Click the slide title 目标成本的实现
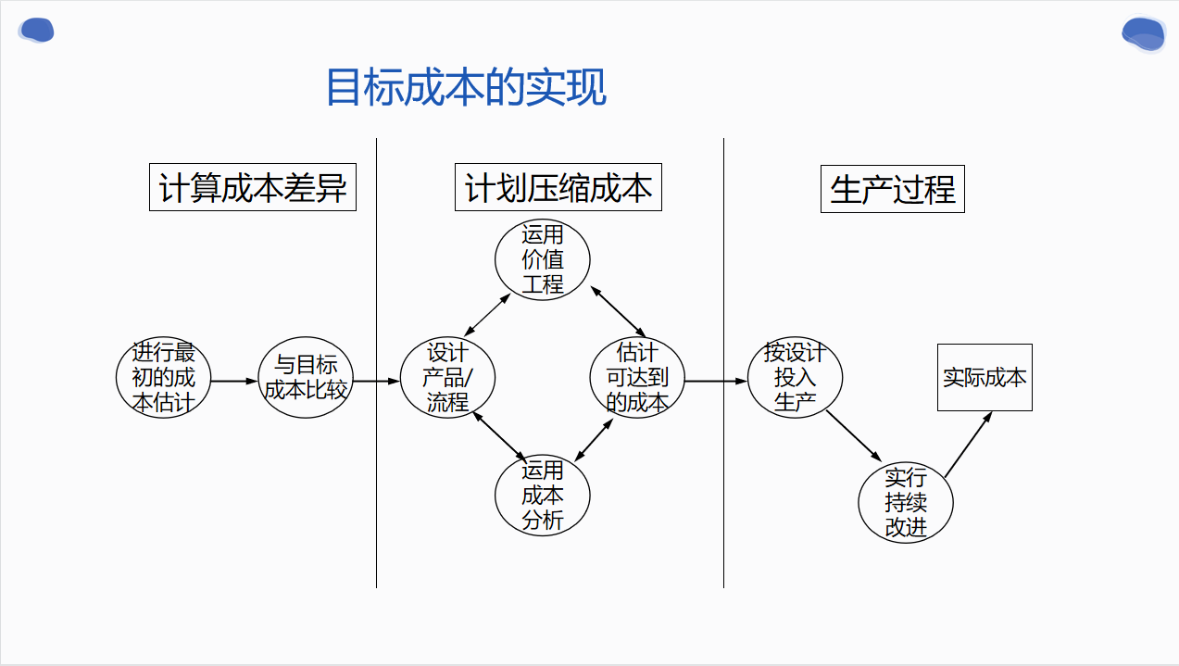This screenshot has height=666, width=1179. pos(466,88)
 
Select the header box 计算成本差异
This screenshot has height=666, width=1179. pos(253,188)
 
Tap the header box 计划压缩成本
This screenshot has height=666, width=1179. pos(558,188)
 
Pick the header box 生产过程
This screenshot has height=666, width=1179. pos(892,190)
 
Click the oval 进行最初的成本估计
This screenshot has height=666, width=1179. pos(164,378)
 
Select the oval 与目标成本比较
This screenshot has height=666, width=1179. pos(306,378)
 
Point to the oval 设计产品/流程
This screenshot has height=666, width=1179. pos(447,378)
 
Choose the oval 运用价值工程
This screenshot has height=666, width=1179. pos(543,259)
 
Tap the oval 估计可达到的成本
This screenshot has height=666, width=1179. pos(637,378)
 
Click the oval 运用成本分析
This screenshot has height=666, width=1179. pos(543,496)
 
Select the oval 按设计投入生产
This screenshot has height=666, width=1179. pos(795,378)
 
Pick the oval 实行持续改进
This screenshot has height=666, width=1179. pos(905,503)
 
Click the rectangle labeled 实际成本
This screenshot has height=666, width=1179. pos(985,377)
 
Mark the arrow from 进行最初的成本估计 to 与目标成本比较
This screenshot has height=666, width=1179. pos(233,381)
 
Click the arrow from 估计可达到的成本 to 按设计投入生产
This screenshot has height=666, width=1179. pos(716,381)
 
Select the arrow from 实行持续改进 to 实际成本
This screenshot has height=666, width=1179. pos(968,445)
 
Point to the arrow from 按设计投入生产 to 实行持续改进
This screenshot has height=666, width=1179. pos(853,435)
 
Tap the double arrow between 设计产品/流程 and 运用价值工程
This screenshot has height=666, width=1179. pos(487,315)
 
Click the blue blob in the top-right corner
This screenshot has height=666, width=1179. pos(1143,34)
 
